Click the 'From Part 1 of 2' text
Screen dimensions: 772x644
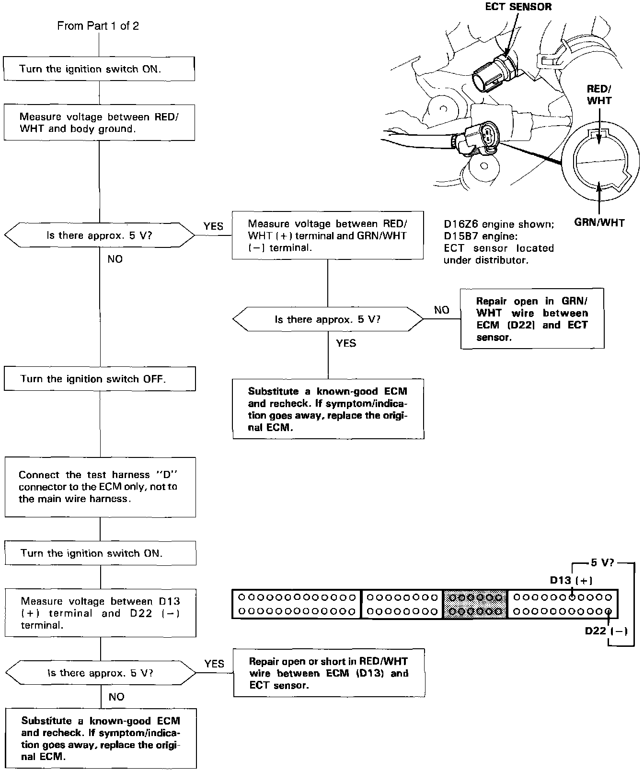tap(98, 26)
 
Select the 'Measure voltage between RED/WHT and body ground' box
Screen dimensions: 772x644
tap(99, 123)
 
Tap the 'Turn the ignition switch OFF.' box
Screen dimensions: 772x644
tap(100, 379)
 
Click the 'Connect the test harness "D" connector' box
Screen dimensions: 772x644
tap(100, 487)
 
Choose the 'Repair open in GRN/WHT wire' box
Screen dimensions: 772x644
tap(532, 319)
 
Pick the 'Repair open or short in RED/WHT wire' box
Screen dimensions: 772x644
tap(329, 673)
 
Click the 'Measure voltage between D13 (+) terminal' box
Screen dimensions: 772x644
tap(100, 613)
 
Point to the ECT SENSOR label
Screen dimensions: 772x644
tap(518, 7)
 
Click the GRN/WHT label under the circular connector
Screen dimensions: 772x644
tap(599, 222)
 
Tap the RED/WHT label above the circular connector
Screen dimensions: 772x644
tap(599, 94)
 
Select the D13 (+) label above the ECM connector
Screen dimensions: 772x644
tap(571, 581)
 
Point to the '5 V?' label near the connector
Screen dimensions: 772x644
tap(602, 563)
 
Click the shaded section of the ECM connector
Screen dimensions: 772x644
tap(475, 604)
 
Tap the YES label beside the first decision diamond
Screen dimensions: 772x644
tap(213, 226)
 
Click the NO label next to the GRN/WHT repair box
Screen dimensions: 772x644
tap(441, 310)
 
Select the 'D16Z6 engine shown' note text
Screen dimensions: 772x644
tap(499, 224)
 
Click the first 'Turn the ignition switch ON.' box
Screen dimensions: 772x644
tap(99, 69)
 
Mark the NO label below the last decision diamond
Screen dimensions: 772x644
tap(116, 697)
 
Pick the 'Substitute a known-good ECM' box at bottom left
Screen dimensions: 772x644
tap(101, 738)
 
